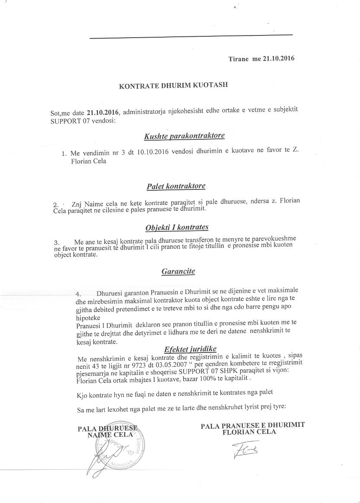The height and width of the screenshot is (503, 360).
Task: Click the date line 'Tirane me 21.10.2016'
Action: click(261, 59)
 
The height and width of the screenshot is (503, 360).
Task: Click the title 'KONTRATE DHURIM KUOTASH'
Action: click(173, 86)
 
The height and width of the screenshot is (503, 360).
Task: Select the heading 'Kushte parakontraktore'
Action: click(184, 136)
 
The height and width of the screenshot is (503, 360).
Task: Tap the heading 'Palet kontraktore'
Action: click(176, 186)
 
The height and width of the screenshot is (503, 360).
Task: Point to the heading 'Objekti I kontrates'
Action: click(177, 227)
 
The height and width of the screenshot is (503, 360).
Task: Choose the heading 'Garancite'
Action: click(178, 272)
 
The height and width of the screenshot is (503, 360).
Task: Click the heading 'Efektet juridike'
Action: click(190, 349)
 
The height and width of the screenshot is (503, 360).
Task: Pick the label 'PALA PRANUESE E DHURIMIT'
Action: click(252, 425)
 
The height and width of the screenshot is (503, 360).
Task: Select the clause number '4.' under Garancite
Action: click(78, 294)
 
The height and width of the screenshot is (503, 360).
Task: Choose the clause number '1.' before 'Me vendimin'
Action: click(64, 153)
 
